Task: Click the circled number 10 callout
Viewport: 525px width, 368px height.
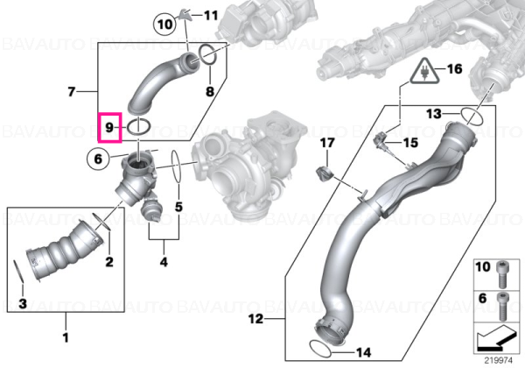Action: [x=164, y=25]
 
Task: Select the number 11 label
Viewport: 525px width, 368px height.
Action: [x=211, y=16]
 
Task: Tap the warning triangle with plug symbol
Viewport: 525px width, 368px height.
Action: [x=425, y=71]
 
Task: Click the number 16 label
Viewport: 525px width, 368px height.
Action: [x=455, y=68]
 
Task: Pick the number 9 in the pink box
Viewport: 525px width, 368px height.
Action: [x=109, y=127]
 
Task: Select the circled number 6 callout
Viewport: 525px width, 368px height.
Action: [x=98, y=159]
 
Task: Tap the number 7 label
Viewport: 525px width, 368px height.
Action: [x=72, y=91]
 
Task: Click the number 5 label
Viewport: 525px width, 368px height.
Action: [x=178, y=207]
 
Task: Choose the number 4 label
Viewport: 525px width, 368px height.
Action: [x=164, y=261]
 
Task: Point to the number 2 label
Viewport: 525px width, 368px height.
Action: [x=109, y=261]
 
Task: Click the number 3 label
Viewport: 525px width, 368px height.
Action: [x=23, y=304]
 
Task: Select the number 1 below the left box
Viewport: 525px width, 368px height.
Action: [x=66, y=337]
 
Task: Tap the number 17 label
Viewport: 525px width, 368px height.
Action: [x=327, y=143]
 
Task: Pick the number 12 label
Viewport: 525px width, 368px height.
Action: [x=256, y=319]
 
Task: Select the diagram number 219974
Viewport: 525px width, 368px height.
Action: [x=499, y=361]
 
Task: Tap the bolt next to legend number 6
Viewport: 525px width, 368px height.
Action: [x=503, y=306]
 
